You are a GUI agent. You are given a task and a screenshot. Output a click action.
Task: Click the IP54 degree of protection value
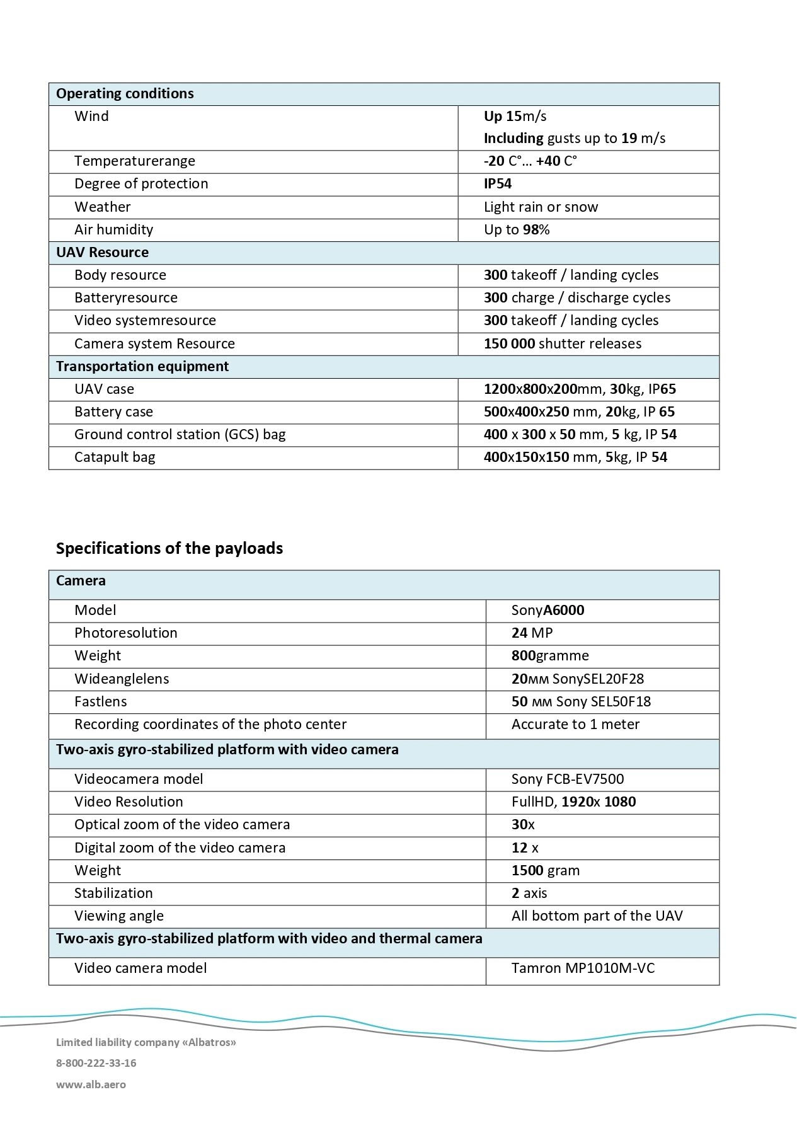coord(498,184)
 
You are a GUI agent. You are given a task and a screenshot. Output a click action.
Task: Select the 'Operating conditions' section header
coord(125,94)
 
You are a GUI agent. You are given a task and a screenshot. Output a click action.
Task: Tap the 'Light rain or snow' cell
coord(541,207)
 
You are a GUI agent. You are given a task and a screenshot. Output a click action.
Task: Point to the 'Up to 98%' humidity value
coord(517,229)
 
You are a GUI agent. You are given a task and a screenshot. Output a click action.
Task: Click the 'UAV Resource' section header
coord(102,253)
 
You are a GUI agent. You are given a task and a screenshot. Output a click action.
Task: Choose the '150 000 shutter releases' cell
coord(562,343)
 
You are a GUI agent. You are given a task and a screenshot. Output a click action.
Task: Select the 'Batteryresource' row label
coord(126,297)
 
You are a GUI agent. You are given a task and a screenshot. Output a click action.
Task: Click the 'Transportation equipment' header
coord(142,366)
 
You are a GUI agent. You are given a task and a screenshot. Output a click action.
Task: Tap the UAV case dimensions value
coord(580,389)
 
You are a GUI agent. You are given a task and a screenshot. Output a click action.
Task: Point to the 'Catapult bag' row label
coord(115,457)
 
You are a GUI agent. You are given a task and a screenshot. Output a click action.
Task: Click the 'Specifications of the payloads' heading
coord(169,548)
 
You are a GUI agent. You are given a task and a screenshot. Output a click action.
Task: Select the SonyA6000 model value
coord(548,610)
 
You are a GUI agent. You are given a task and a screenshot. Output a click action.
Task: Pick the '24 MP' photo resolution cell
coord(532,633)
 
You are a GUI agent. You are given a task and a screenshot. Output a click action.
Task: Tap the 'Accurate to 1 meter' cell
coord(575,724)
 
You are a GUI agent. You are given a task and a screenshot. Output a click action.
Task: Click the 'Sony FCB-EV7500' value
coord(568,779)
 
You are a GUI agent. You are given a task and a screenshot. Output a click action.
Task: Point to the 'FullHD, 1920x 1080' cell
coord(573,802)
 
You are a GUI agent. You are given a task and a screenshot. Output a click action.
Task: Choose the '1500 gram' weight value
coord(546,870)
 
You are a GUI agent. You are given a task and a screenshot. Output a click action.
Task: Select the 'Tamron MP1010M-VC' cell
coord(583,968)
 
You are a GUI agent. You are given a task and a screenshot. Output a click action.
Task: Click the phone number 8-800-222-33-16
coord(96,1063)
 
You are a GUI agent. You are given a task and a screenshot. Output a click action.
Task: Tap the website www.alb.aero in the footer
coord(91,1084)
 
